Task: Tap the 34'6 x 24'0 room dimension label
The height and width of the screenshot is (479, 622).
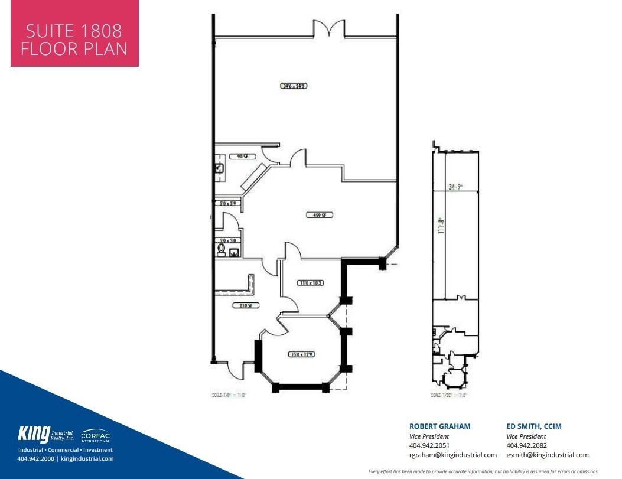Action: tap(294, 86)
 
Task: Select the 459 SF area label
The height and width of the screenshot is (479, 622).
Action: tap(319, 215)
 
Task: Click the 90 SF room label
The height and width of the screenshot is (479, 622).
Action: tap(242, 157)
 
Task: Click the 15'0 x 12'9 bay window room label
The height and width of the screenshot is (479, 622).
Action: tap(301, 355)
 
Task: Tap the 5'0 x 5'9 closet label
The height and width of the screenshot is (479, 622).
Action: tap(228, 203)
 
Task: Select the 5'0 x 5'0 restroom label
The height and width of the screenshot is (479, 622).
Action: tap(228, 241)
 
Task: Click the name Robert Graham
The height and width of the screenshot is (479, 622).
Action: tap(439, 426)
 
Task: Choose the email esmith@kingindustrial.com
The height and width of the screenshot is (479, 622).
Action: tap(547, 455)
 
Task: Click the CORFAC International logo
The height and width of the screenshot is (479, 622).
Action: tap(95, 436)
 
